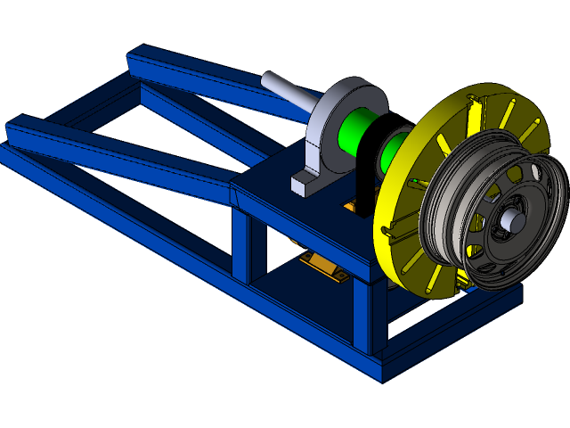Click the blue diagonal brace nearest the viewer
[116, 156]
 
